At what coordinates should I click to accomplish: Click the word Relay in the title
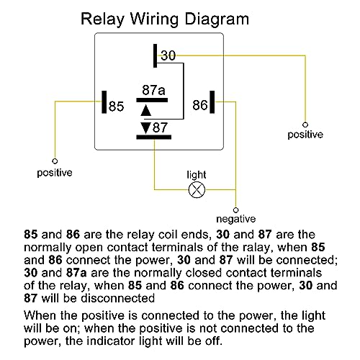(102, 19)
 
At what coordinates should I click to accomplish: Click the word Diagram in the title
(217, 19)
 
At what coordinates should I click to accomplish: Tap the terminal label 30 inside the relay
(168, 55)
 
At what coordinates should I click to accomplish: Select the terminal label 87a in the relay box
(153, 90)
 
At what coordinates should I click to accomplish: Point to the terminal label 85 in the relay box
(116, 107)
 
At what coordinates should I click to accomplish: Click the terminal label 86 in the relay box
(200, 105)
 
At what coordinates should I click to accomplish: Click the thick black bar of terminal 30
(156, 55)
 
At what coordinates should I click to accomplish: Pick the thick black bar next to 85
(104, 102)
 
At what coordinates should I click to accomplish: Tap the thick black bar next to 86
(212, 102)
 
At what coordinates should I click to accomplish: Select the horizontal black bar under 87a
(152, 100)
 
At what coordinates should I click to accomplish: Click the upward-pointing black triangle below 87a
(145, 110)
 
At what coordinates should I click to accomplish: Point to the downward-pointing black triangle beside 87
(145, 127)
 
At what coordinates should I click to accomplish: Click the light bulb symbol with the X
(197, 190)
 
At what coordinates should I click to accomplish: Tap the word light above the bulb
(197, 175)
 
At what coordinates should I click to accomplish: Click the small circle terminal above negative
(236, 210)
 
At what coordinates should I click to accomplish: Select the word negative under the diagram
(236, 219)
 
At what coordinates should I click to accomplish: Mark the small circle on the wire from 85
(55, 161)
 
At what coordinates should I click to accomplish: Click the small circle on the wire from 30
(305, 125)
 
